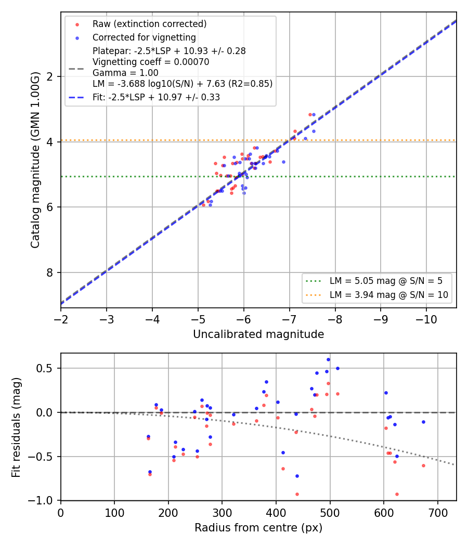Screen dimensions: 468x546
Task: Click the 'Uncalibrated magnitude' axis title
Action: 258,334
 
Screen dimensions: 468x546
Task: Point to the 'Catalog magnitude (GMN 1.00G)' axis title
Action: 35,160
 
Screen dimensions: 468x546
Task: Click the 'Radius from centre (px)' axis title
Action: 258,528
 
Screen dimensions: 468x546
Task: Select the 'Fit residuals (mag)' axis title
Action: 16,427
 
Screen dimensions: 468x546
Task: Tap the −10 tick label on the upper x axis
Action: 426,319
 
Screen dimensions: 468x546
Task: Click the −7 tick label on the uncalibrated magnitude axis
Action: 289,319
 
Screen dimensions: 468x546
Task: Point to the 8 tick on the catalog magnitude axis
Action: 49,272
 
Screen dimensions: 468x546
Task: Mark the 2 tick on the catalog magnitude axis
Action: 49,76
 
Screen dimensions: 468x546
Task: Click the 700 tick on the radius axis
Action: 438,513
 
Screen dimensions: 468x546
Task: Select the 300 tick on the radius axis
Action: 222,513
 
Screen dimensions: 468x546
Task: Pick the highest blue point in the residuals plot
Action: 328,360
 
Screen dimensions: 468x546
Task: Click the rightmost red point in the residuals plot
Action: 423,465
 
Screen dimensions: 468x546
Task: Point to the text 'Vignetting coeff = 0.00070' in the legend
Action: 151,62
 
